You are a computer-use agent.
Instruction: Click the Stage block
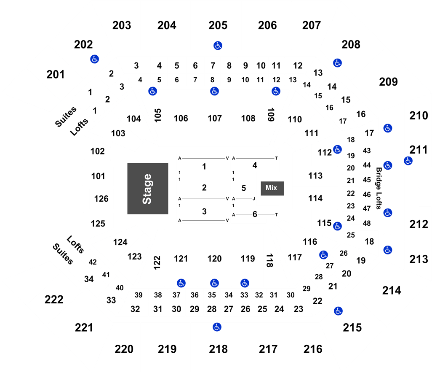pyautogui.click(x=148, y=189)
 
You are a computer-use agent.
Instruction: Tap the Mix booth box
pyautogui.click(x=272, y=188)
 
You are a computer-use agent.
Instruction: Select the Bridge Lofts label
pyautogui.click(x=379, y=188)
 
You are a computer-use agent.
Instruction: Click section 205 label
pyautogui.click(x=218, y=25)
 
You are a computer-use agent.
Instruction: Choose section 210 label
pyautogui.click(x=419, y=116)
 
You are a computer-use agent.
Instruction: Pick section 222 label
pyautogui.click(x=54, y=300)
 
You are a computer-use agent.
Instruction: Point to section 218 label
pyautogui.click(x=218, y=349)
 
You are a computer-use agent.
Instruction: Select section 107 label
pyautogui.click(x=215, y=119)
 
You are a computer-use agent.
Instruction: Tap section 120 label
pyautogui.click(x=215, y=259)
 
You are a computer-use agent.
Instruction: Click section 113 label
pyautogui.click(x=315, y=176)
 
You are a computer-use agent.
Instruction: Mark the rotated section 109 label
pyautogui.click(x=271, y=115)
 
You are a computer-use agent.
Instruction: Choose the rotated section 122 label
pyautogui.click(x=157, y=263)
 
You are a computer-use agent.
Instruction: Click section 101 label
pyautogui.click(x=98, y=176)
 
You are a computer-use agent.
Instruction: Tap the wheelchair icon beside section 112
pyautogui.click(x=338, y=149)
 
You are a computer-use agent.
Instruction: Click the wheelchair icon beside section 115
pyautogui.click(x=338, y=226)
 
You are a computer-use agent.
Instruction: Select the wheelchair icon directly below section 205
pyautogui.click(x=218, y=46)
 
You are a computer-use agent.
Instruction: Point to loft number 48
pyautogui.click(x=367, y=223)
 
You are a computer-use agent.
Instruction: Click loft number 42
pyautogui.click(x=93, y=262)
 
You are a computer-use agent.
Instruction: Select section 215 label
pyautogui.click(x=352, y=328)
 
